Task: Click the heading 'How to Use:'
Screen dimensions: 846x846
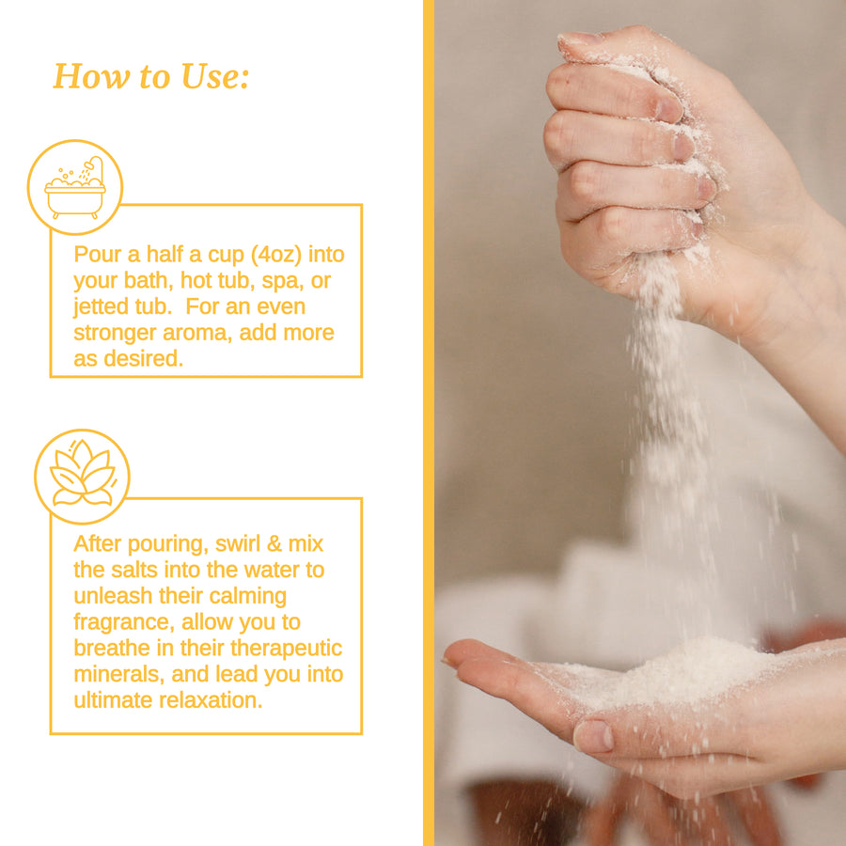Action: [151, 77]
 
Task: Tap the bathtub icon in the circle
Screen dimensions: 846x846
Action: [75, 188]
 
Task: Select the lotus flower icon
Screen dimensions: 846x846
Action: [83, 473]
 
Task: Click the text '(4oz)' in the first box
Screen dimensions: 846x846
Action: [275, 255]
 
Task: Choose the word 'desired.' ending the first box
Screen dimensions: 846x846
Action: [144, 358]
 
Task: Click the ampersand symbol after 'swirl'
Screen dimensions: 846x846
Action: [274, 544]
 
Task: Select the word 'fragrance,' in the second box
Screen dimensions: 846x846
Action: [124, 622]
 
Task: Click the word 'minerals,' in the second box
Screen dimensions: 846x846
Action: [118, 674]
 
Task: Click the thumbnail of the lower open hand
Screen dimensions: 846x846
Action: [593, 736]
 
